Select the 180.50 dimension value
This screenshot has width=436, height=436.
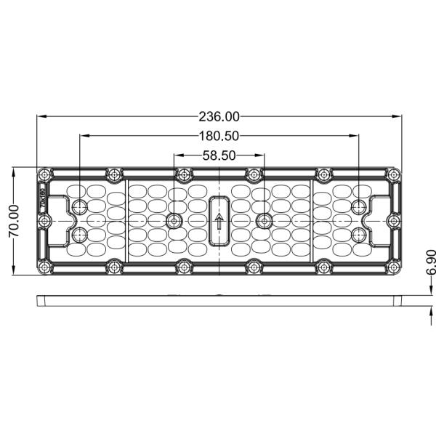tap(219, 135)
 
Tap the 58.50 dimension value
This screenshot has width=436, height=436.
tap(219, 155)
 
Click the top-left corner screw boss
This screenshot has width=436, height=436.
tap(44, 174)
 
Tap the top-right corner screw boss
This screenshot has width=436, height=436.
tap(393, 174)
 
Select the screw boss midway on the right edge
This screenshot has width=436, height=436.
tap(393, 221)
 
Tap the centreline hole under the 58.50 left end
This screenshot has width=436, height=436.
tap(174, 221)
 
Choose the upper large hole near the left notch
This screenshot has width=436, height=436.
tap(79, 206)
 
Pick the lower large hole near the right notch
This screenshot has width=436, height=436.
tap(358, 235)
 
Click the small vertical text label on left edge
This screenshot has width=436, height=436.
tap(43, 199)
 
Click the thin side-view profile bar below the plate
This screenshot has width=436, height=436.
tap(219, 299)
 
